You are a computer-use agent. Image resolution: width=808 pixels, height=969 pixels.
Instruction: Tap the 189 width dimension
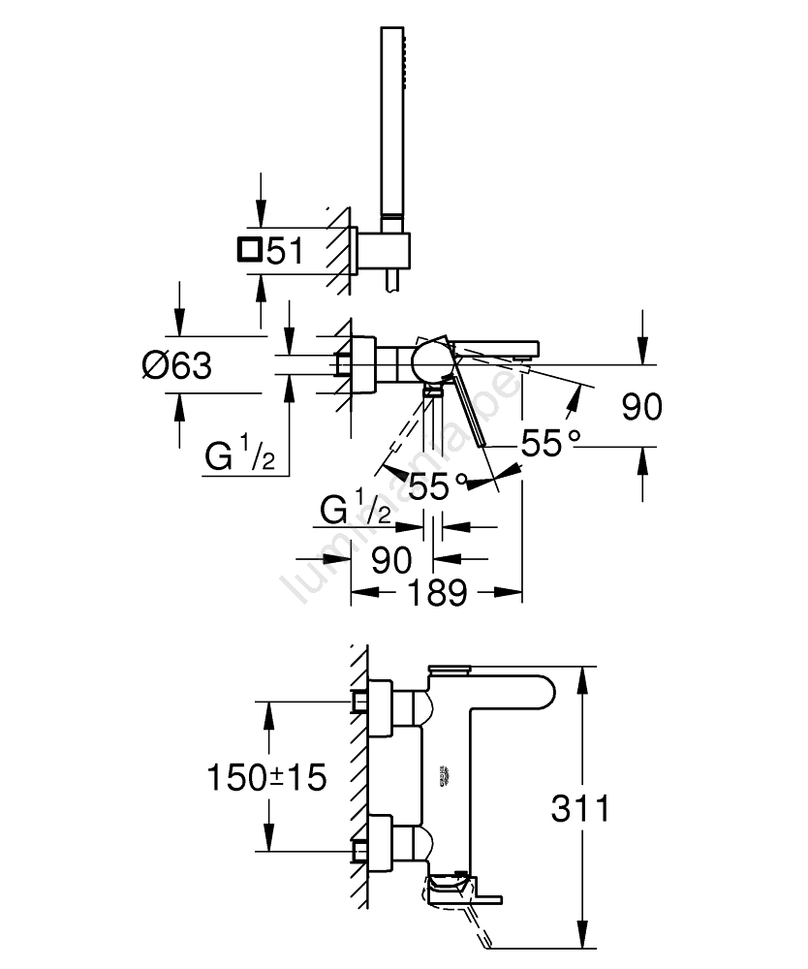437,592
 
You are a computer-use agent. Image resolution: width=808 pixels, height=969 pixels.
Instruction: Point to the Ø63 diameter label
175,365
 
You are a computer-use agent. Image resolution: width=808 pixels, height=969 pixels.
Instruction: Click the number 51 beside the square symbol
284,252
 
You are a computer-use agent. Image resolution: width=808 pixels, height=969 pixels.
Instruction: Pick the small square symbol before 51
248,251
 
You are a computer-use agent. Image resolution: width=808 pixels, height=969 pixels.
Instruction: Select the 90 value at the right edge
641,407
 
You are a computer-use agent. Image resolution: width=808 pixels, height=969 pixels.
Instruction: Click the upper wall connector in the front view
379,702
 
